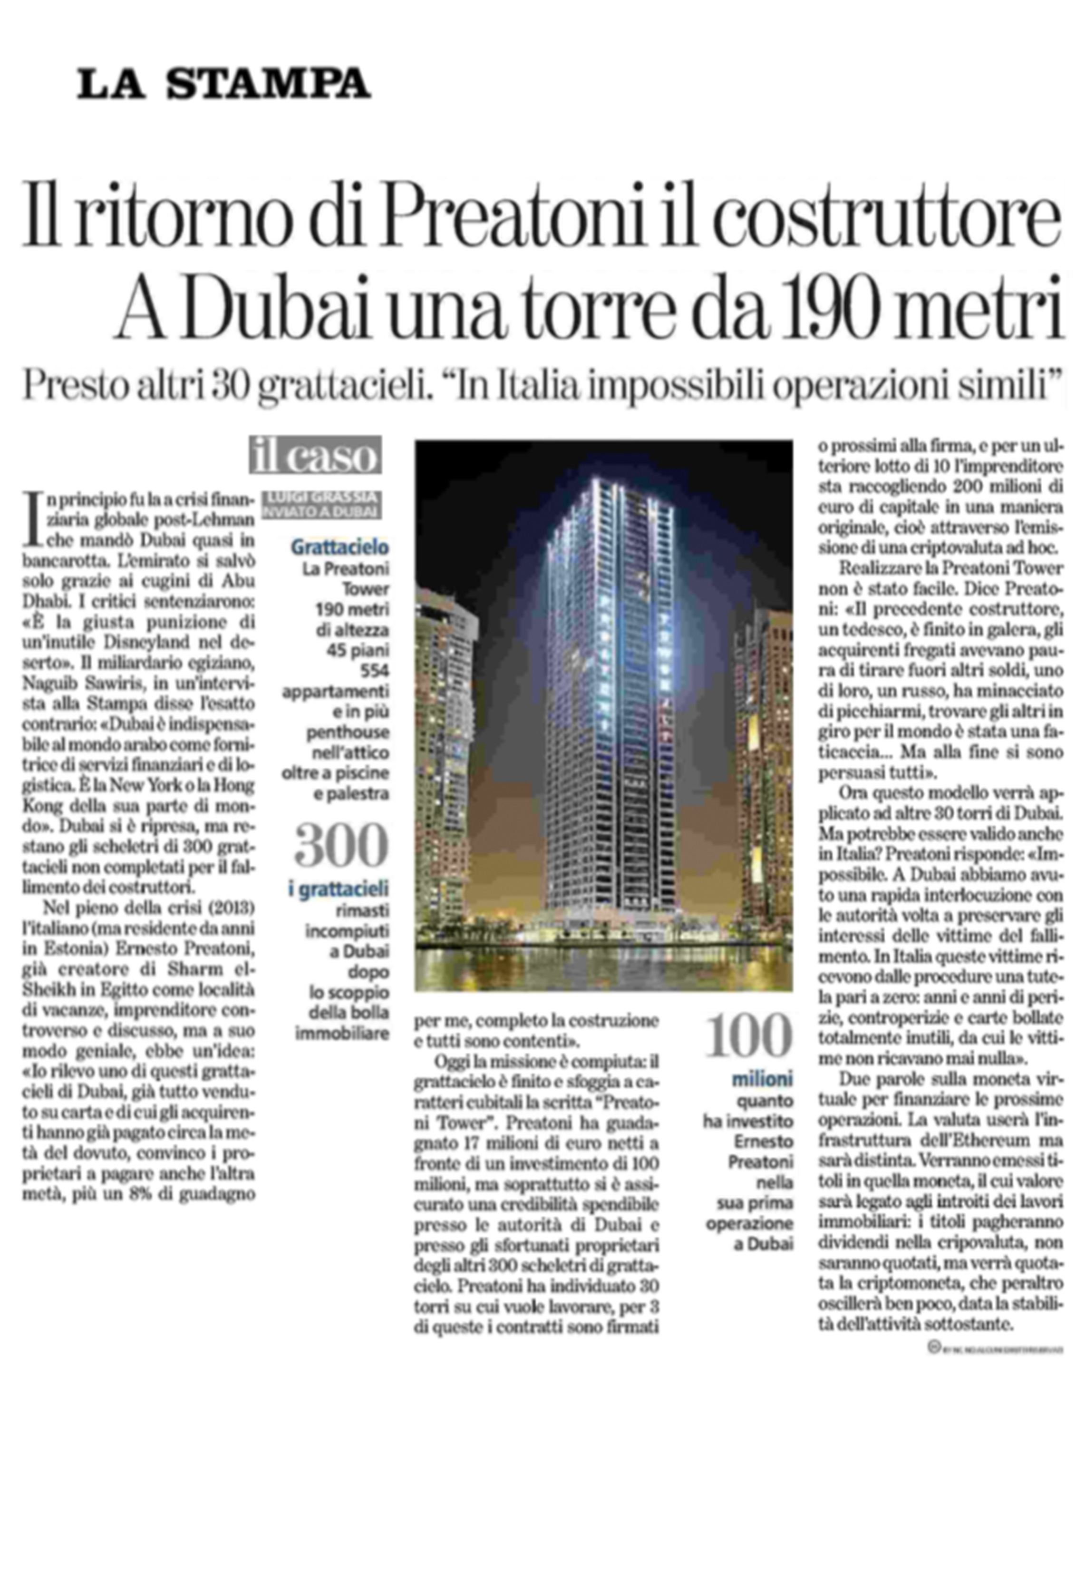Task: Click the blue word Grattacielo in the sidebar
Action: (340, 547)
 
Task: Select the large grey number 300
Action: (341, 846)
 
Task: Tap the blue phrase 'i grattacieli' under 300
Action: (339, 889)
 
